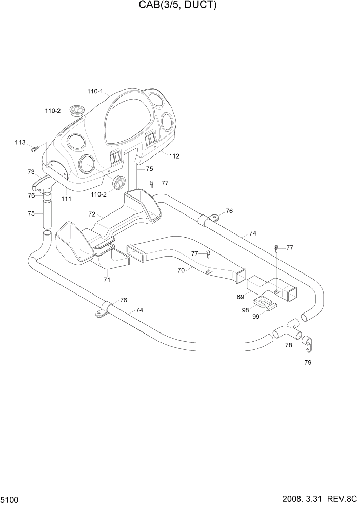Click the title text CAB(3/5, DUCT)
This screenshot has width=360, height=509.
tap(179, 6)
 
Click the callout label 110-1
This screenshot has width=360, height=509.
tap(95, 92)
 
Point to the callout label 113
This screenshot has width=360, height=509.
tap(20, 142)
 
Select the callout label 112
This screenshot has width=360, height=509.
tap(174, 156)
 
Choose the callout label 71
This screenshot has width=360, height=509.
tap(107, 280)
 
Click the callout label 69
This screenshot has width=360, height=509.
tap(240, 297)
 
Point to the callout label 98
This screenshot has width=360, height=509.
tap(245, 310)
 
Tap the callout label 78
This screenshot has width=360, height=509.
tap(289, 345)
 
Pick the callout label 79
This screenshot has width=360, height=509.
tap(308, 362)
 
